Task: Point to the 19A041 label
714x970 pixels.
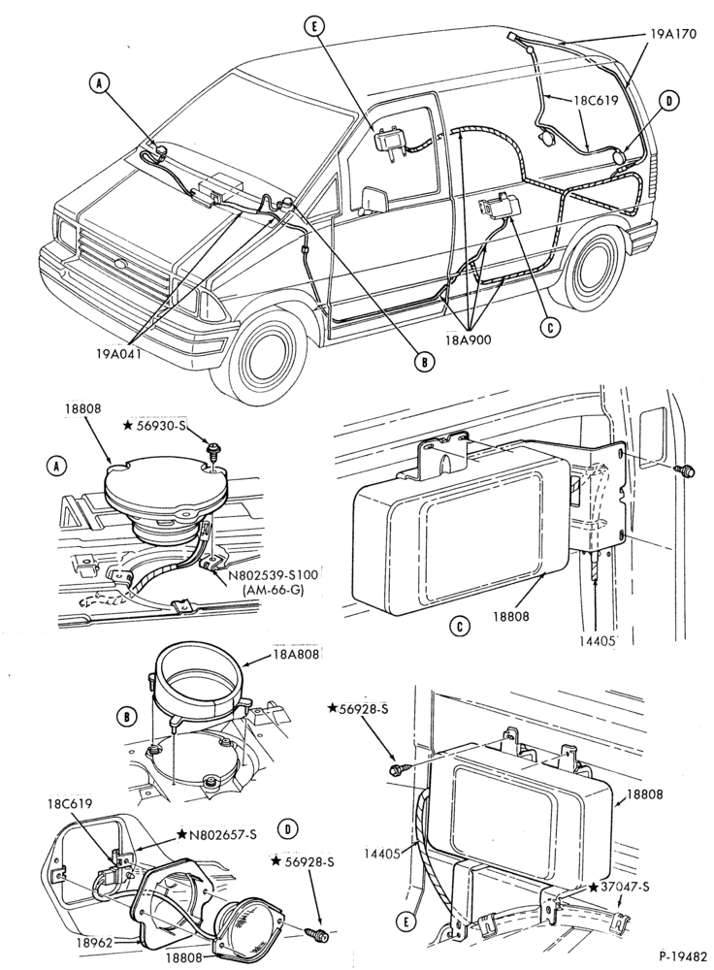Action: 118,353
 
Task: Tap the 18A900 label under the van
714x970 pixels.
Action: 468,339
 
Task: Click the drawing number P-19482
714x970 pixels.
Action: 682,954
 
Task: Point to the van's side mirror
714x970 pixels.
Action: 373,199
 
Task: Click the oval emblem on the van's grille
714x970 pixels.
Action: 118,265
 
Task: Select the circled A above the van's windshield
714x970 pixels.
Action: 99,83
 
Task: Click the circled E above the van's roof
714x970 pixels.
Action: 313,25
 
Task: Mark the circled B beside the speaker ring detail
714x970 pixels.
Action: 126,717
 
